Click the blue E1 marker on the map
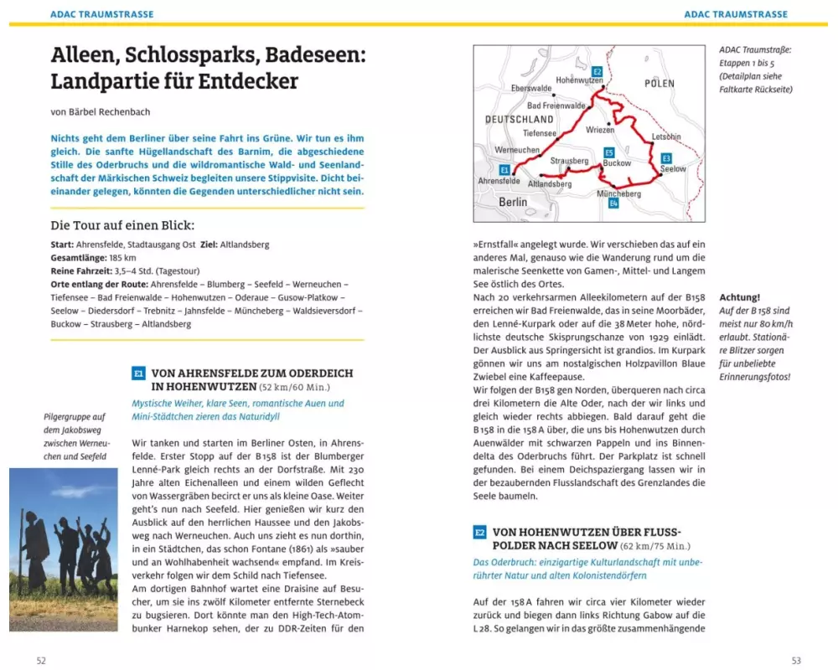(504, 169)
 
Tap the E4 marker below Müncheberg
(613, 204)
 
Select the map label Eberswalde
(531, 88)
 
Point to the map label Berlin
(513, 202)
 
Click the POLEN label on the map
(660, 84)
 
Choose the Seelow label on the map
(673, 169)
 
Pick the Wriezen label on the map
(600, 130)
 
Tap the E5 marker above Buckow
(609, 152)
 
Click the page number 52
(41, 661)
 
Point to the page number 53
(796, 661)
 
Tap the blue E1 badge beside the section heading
(139, 374)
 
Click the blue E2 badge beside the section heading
(480, 532)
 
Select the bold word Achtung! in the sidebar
(739, 297)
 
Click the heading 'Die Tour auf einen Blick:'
(122, 225)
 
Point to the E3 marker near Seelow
(666, 157)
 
